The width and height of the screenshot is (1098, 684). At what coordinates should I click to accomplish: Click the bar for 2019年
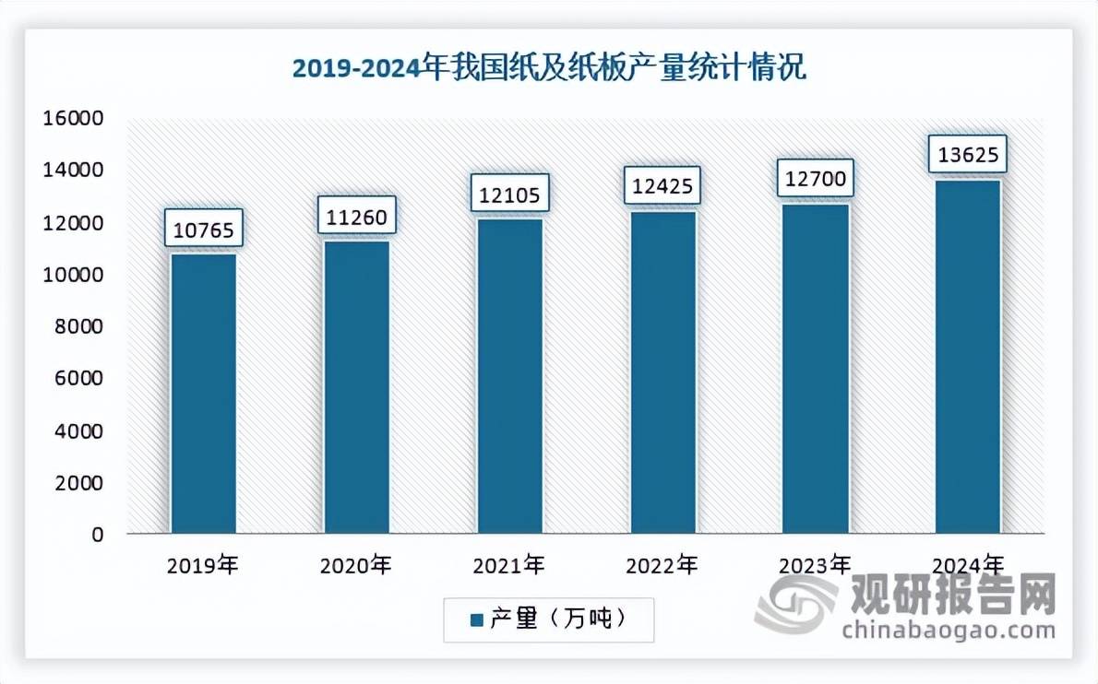click(203, 394)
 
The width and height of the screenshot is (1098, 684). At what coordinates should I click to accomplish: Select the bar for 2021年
click(509, 376)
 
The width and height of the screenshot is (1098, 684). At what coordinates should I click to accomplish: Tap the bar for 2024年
click(968, 357)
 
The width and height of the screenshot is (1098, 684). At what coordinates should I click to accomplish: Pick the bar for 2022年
click(662, 372)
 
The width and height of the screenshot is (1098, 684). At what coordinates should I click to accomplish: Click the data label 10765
click(203, 228)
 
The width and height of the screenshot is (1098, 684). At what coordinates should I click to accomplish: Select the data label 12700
click(816, 178)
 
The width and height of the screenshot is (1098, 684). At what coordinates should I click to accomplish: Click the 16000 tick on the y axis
click(72, 119)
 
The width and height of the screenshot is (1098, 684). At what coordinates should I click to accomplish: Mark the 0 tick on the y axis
click(95, 535)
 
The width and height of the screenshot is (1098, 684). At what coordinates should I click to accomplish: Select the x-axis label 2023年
click(816, 565)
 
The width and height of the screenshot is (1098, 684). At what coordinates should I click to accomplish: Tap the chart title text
click(549, 68)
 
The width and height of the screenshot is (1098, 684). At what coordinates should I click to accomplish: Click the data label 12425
click(662, 185)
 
